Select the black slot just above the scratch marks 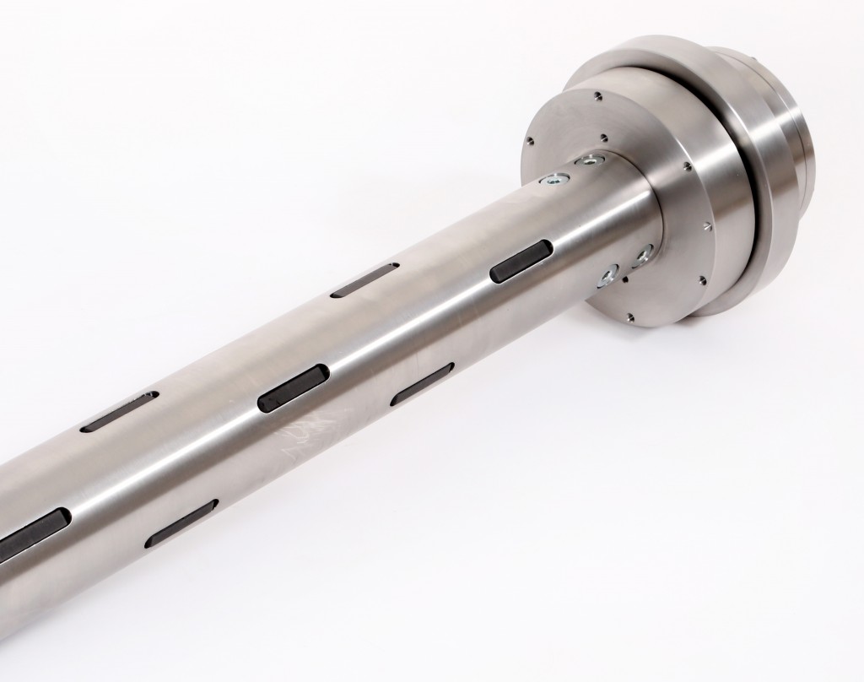click(293, 387)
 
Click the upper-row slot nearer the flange click(364, 279)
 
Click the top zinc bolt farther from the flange click(557, 178)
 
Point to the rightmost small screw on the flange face click(706, 226)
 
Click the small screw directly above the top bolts click(604, 134)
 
